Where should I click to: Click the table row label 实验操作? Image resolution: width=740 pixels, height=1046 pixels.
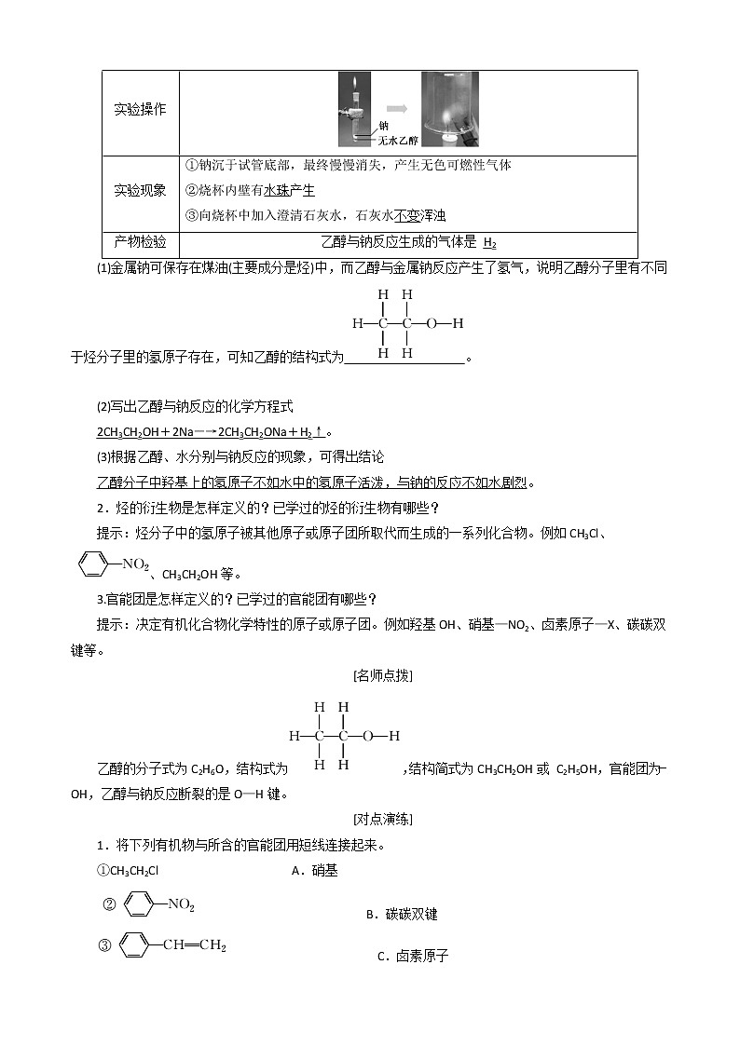coord(140,110)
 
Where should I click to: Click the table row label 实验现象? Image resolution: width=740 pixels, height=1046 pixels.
coord(140,190)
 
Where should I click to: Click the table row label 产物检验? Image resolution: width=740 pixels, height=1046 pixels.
coord(140,242)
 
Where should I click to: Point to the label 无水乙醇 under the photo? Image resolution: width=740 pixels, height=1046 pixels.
coord(399,139)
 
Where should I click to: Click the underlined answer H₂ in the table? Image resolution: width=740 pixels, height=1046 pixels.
coord(490,243)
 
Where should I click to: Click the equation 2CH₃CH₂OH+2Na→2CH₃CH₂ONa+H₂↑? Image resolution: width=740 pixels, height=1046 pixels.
coord(212,432)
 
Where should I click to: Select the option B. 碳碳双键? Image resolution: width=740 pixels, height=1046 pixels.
coord(401,915)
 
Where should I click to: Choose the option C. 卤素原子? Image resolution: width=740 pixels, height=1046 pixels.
coord(413,956)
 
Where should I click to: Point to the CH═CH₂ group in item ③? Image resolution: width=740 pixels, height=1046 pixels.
coord(194,945)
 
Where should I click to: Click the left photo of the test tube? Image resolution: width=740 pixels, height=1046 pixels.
coord(357,110)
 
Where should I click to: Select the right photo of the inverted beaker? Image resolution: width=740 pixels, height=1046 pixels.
coord(449,109)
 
